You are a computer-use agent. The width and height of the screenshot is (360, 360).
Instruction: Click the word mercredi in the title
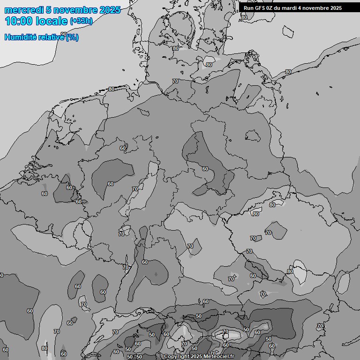click(24, 10)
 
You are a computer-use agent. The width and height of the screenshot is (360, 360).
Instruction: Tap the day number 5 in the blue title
click(49, 10)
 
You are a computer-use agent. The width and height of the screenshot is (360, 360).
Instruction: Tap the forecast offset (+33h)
click(81, 21)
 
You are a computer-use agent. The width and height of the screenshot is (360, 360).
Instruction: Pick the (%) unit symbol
click(72, 37)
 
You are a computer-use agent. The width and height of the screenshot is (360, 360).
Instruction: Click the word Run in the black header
click(248, 8)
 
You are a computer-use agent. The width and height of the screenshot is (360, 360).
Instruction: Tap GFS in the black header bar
click(261, 8)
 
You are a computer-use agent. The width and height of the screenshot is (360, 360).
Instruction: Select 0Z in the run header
click(272, 8)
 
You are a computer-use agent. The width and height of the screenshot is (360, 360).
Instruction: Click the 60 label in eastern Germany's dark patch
click(205, 169)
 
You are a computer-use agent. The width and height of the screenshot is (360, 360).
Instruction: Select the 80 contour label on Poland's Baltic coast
click(288, 72)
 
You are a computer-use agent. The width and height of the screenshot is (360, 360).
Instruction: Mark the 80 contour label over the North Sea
click(111, 89)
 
